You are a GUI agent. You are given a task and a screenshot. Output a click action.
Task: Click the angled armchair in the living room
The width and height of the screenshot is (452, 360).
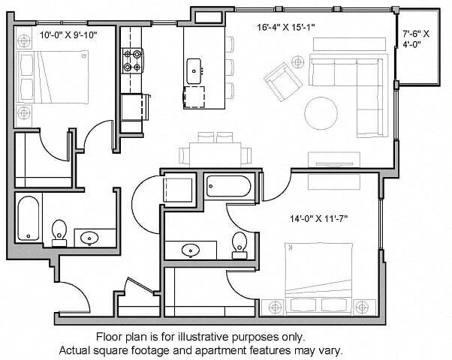279,81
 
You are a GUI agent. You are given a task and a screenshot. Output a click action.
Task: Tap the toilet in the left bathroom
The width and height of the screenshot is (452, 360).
59,232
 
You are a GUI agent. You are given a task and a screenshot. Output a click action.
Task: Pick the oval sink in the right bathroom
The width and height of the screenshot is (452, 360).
189,250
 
